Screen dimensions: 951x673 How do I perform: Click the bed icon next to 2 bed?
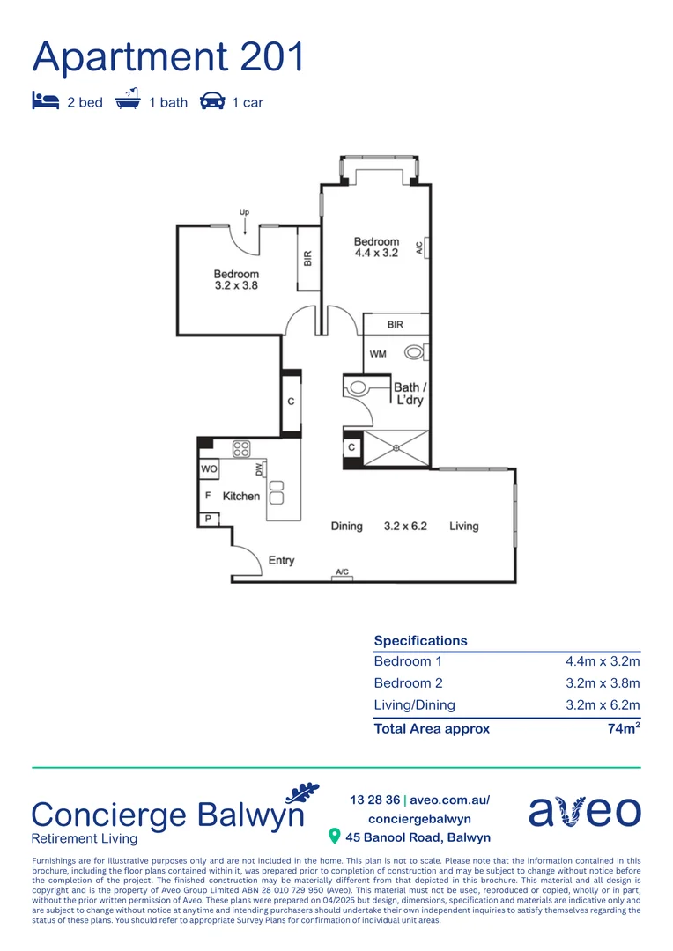(46, 101)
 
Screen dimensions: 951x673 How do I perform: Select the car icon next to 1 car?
(212, 101)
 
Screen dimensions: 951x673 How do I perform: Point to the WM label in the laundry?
(377, 354)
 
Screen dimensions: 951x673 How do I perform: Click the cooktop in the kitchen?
(241, 448)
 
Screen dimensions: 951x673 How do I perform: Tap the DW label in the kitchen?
(260, 469)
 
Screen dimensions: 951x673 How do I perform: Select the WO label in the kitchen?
(209, 469)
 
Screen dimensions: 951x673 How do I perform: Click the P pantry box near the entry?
(209, 519)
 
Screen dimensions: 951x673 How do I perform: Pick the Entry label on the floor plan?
(281, 560)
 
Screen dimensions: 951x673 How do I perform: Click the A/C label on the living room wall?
(342, 572)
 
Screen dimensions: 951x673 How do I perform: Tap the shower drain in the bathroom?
(396, 448)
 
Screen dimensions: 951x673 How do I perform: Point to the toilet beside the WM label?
(415, 353)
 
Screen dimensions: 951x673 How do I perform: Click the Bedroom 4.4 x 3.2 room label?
(376, 247)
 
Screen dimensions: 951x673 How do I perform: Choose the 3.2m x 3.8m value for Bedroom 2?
(603, 683)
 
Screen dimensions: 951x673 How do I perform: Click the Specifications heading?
(420, 640)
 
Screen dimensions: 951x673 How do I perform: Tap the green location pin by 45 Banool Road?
(334, 836)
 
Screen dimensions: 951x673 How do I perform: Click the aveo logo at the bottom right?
(585, 812)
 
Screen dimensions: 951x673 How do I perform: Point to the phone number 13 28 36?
(373, 800)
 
